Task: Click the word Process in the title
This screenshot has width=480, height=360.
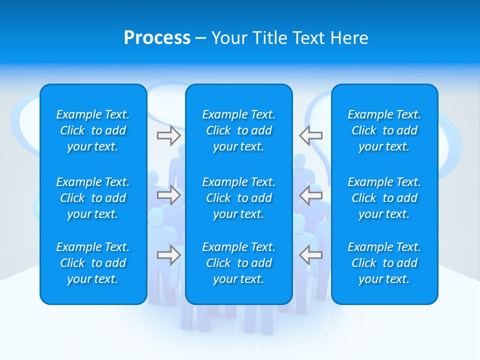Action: [157, 37]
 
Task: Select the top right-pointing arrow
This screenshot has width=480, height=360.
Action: [168, 135]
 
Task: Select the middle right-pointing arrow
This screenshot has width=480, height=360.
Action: [168, 195]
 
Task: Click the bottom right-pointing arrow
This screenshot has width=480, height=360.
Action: [168, 255]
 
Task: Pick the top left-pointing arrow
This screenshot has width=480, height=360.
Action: [311, 135]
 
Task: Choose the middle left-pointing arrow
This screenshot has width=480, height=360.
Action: [311, 195]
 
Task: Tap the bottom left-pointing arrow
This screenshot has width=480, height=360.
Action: [311, 255]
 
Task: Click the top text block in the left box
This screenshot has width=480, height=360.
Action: [93, 130]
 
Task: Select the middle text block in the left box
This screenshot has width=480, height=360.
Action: [93, 198]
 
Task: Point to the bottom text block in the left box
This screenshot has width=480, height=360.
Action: [93, 263]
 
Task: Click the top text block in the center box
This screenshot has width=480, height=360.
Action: [239, 130]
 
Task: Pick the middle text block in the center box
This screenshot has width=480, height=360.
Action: [239, 198]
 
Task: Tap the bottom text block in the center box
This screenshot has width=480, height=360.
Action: [239, 263]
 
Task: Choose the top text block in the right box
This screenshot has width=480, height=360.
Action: [384, 130]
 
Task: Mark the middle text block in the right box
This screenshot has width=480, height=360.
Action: [384, 198]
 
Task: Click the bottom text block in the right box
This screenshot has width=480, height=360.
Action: [384, 263]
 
